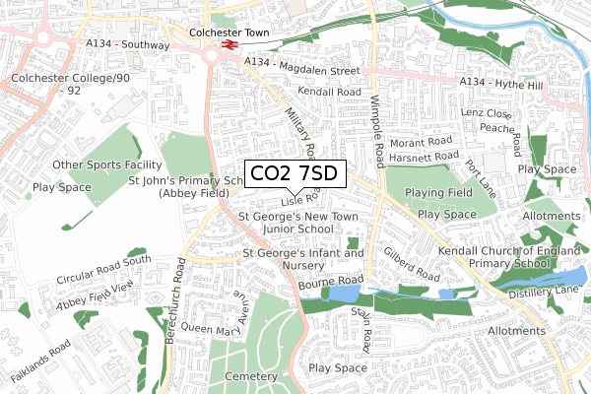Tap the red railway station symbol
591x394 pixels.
(229, 45)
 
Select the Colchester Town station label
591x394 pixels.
(229, 32)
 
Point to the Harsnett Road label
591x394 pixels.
(424, 156)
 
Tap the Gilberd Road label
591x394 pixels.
(413, 263)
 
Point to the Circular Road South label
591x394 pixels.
(102, 269)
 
